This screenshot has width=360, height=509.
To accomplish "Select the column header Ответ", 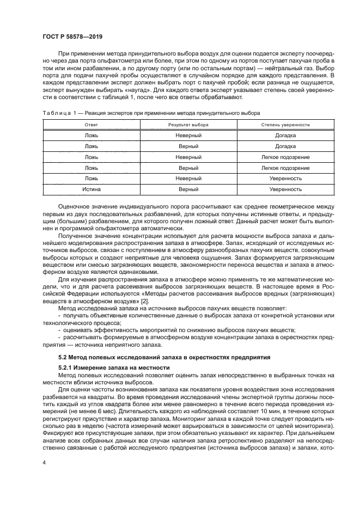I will coord(91,125).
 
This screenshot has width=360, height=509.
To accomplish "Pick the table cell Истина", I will coord(91,189).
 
